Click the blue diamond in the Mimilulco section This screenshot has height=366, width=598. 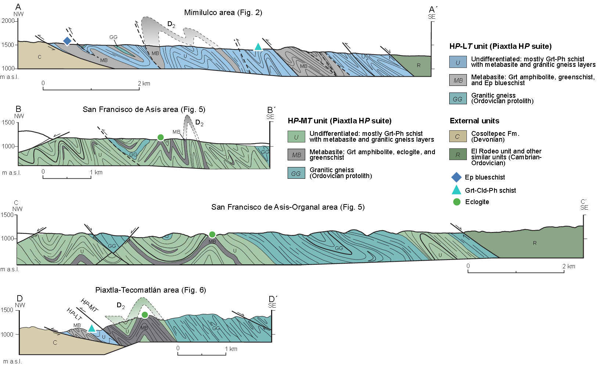click(67, 41)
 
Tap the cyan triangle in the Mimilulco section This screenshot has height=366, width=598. click(258, 47)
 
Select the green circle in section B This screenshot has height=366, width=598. click(160, 137)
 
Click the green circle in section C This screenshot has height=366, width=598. click(212, 235)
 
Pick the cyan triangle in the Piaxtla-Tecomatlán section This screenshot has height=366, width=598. click(91, 329)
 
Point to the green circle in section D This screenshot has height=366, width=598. click(145, 315)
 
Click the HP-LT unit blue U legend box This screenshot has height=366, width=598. click(458, 62)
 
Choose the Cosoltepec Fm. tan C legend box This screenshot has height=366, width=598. click(458, 137)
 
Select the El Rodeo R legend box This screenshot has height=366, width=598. click(458, 155)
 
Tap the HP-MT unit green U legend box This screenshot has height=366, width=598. click(296, 137)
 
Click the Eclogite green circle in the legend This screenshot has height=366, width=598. click(457, 202)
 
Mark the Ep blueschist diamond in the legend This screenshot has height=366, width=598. click(456, 177)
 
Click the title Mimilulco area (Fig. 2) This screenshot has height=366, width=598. click(223, 12)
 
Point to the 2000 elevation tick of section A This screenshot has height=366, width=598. click(15, 21)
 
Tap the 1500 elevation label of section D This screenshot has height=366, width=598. click(7, 310)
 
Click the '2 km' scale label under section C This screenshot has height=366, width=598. click(569, 266)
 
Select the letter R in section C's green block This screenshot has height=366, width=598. click(534, 243)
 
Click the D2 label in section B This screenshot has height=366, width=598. click(199, 123)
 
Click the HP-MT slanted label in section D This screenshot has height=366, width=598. click(89, 305)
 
